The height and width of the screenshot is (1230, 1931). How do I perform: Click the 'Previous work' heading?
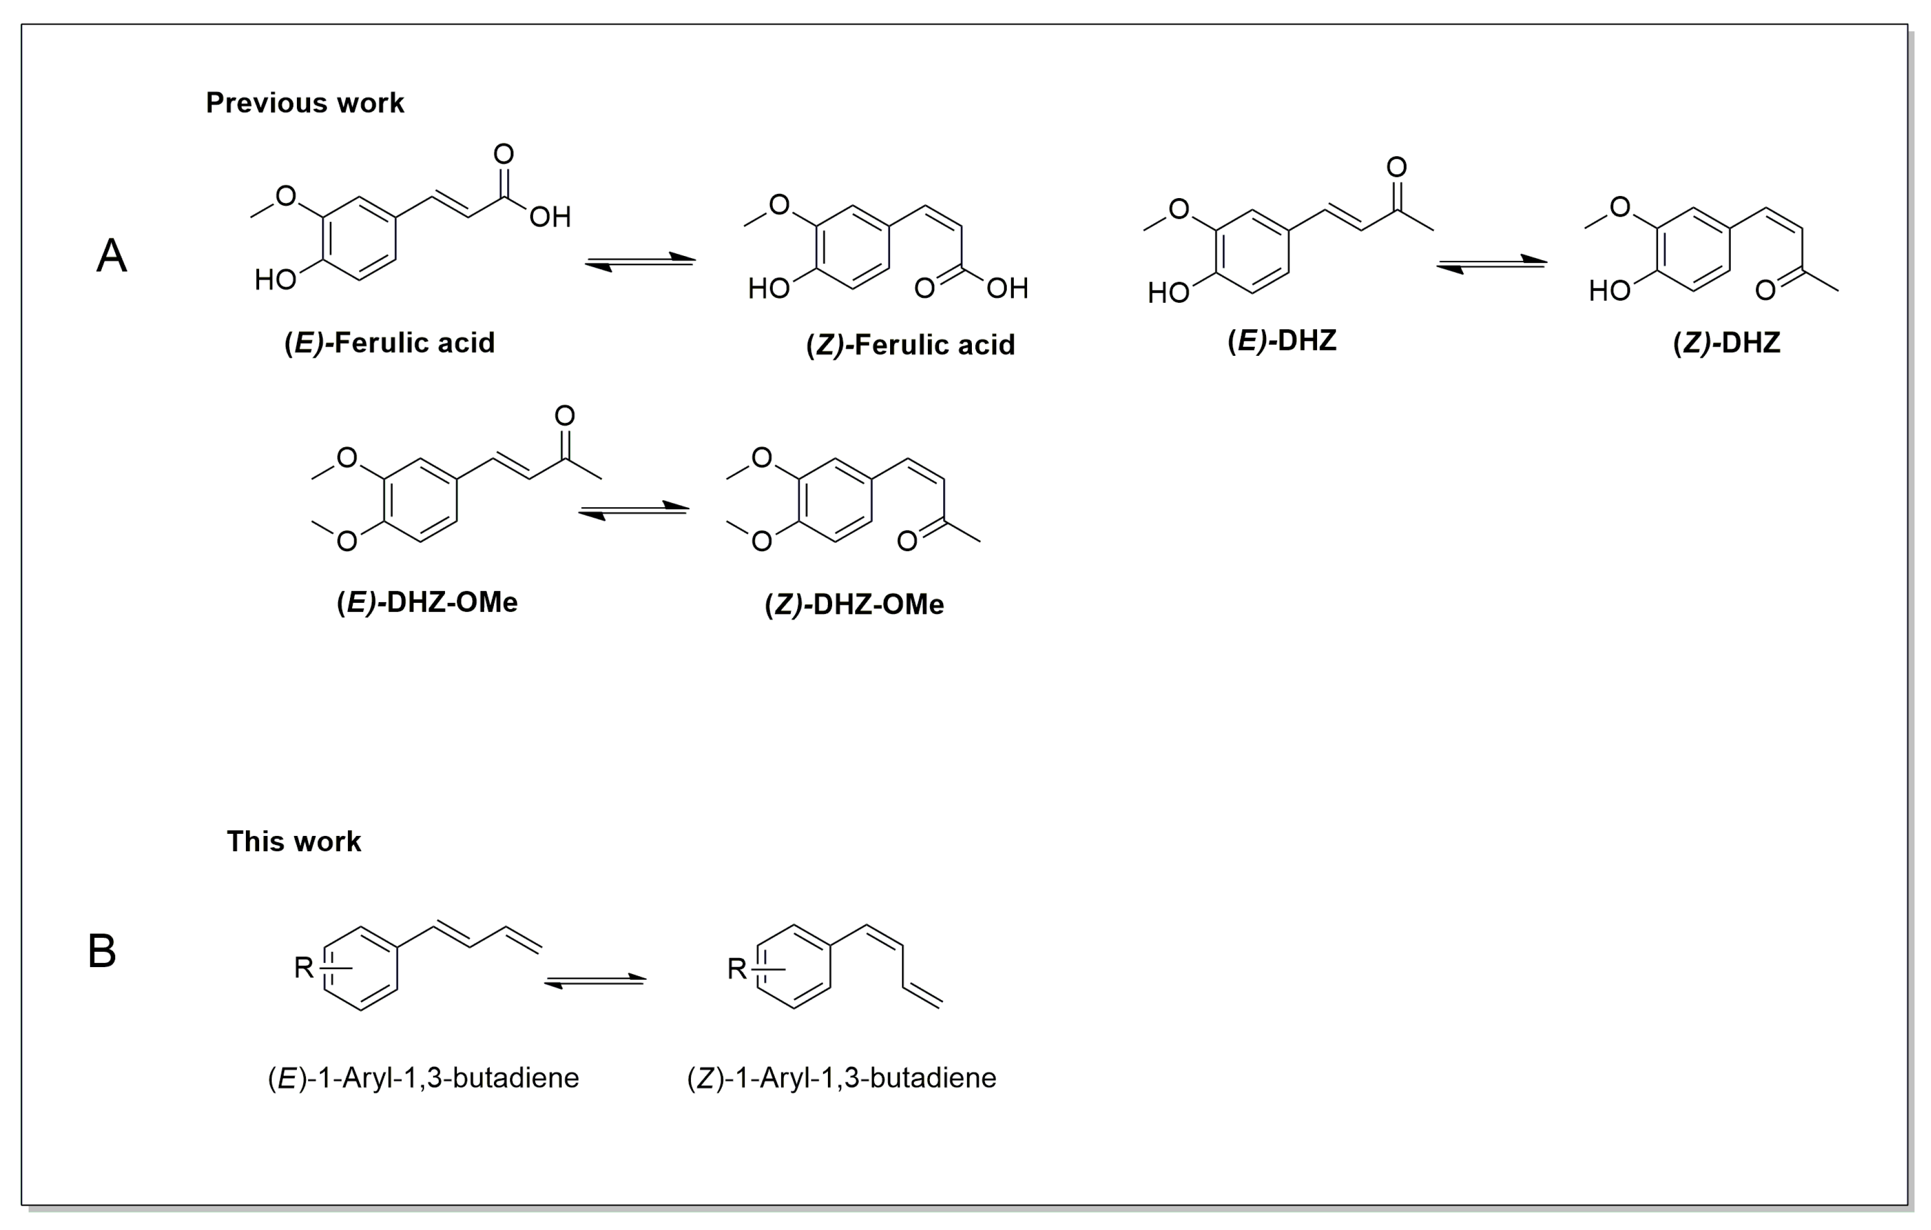tap(305, 102)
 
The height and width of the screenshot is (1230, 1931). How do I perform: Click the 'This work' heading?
tap(294, 841)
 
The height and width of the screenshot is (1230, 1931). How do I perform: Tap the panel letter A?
tap(112, 257)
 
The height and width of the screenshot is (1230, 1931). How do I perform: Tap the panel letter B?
tap(102, 952)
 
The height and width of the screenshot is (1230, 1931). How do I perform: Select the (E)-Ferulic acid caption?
tap(390, 343)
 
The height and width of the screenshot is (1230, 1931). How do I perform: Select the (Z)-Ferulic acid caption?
tap(910, 345)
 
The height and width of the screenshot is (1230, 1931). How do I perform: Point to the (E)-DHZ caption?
tap(1281, 341)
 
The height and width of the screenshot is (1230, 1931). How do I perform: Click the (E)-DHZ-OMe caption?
tap(426, 602)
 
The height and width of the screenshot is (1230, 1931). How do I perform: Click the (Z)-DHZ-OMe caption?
tap(854, 604)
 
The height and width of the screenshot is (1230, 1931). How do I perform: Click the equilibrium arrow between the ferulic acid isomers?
tap(640, 262)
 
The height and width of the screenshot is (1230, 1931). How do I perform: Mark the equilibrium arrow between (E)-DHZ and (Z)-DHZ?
tap(1492, 264)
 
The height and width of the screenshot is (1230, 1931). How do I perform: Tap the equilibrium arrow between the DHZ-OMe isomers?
tap(634, 511)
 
